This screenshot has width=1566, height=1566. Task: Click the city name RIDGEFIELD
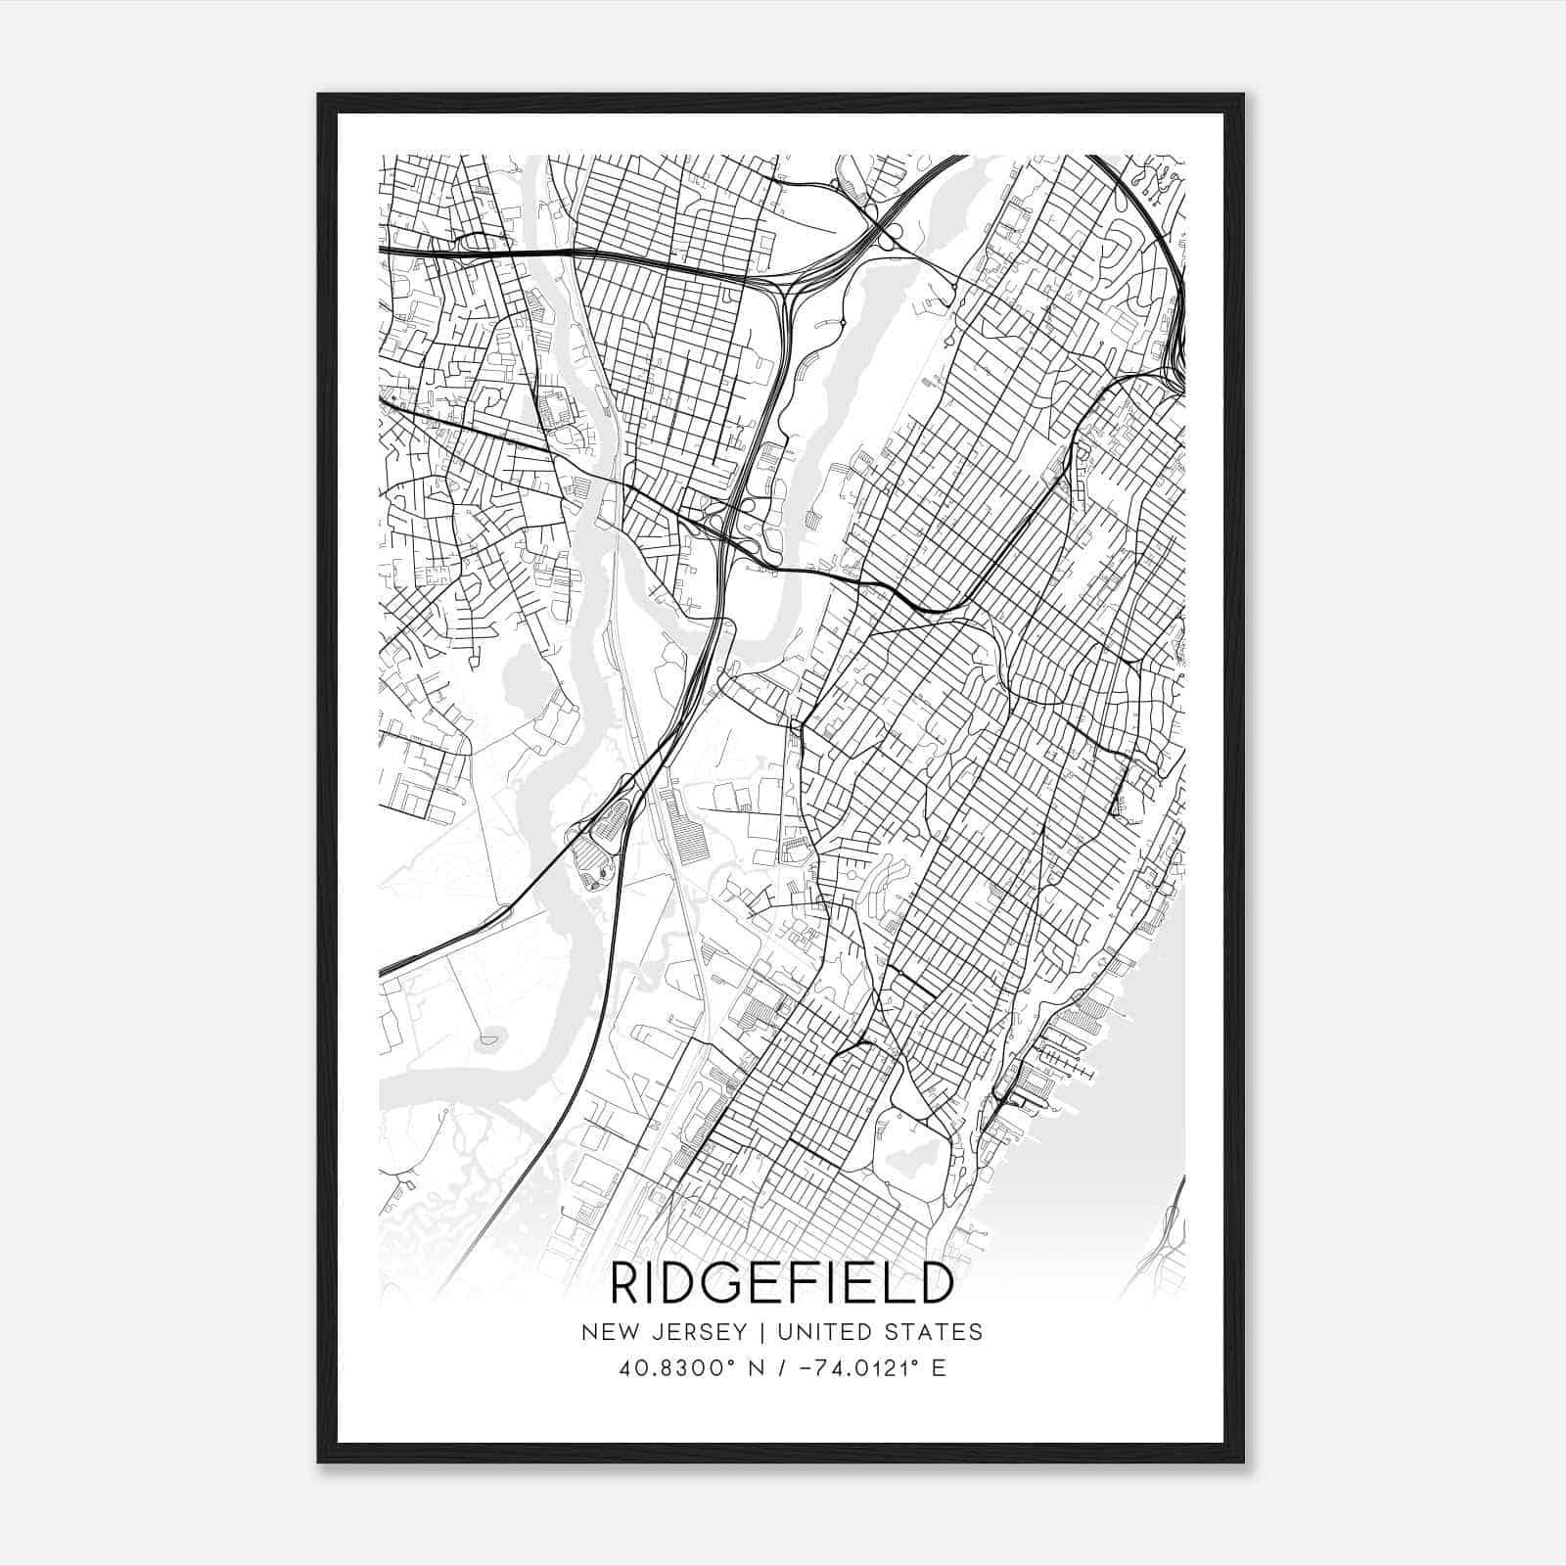pos(781,1283)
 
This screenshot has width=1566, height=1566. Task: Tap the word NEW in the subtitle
pos(604,1332)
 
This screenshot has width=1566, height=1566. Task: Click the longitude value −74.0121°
pos(851,1368)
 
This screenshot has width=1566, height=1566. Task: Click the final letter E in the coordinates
pos(939,1368)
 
